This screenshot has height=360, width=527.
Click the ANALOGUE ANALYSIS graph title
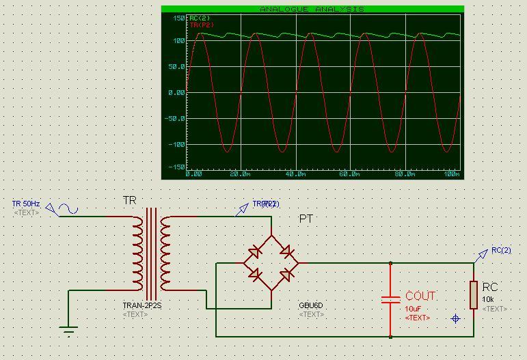click(312, 10)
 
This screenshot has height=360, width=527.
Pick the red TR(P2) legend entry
click(200, 25)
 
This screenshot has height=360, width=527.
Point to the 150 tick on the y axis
click(179, 18)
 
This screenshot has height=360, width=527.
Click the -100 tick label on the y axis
click(176, 144)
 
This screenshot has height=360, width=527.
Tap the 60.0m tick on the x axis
click(349, 174)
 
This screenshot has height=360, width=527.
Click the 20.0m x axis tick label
click(239, 174)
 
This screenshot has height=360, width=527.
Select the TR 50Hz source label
click(26, 204)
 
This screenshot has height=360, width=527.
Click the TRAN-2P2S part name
click(142, 306)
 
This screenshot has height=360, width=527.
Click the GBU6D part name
click(310, 306)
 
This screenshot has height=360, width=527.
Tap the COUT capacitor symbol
click(390, 300)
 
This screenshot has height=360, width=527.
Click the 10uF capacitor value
click(412, 309)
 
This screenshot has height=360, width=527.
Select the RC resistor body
click(473, 294)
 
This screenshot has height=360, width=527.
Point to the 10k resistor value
click(488, 300)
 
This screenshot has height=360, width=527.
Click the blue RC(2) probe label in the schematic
click(501, 251)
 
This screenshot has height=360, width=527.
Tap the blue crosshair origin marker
click(456, 318)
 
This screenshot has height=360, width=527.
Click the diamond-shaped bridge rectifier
click(271, 263)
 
